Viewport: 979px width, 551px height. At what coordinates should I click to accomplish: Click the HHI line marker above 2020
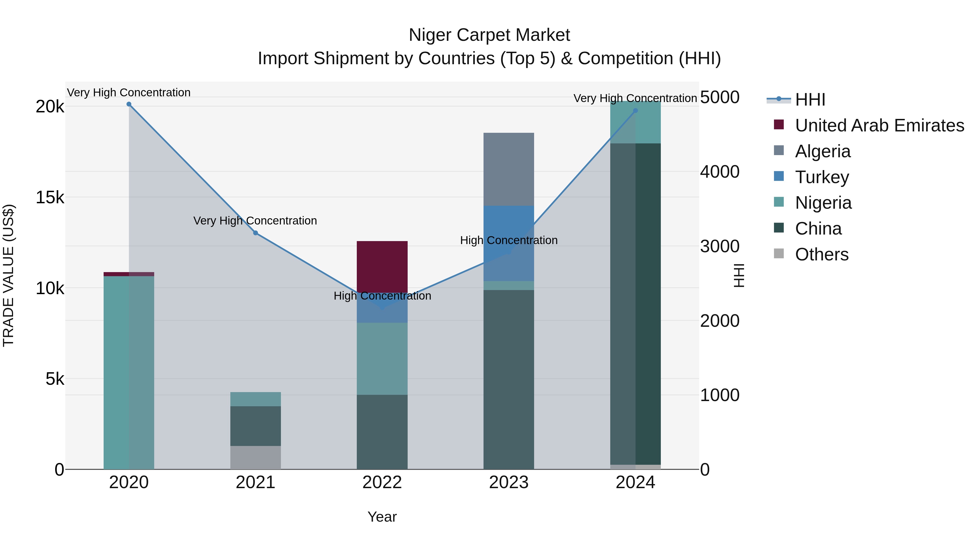(x=129, y=104)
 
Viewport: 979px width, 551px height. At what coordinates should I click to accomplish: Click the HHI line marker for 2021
(x=255, y=233)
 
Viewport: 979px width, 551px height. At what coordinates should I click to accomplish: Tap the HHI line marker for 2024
(x=636, y=111)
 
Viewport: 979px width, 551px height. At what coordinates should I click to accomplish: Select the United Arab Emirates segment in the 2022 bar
(x=382, y=266)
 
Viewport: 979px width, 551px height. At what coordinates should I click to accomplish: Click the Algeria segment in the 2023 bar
(x=509, y=169)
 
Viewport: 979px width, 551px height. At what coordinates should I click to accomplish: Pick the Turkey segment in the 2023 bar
(x=509, y=224)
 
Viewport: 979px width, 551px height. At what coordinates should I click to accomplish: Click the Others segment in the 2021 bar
(x=255, y=457)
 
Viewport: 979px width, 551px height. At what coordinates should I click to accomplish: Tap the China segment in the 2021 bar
(x=255, y=426)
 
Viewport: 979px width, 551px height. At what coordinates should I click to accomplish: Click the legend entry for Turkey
(x=822, y=177)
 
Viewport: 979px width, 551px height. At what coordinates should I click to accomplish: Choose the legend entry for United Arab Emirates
(x=879, y=125)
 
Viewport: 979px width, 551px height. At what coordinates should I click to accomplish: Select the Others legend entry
(x=821, y=254)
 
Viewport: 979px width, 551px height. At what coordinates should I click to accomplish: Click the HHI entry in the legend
(x=810, y=100)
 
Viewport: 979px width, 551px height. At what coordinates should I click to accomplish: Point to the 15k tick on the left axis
(x=50, y=197)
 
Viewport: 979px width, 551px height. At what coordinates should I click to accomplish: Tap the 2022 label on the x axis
(x=382, y=482)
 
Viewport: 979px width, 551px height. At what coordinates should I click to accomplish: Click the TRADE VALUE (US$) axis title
(x=8, y=275)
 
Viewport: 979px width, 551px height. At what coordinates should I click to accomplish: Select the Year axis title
(x=382, y=517)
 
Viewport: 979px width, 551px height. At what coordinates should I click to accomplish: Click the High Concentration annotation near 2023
(x=509, y=240)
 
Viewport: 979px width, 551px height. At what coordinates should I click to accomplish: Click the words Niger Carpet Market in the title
(x=489, y=35)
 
